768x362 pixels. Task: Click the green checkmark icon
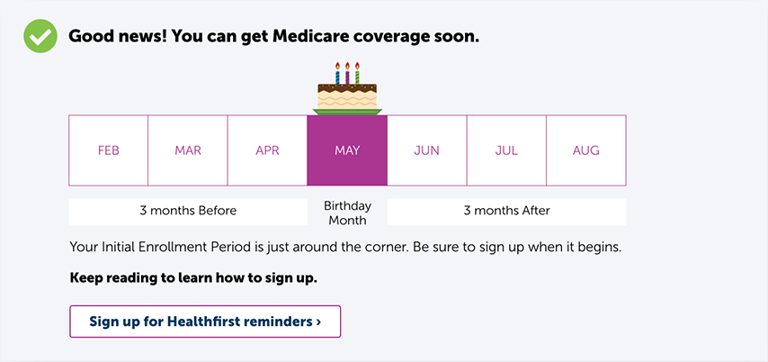40,36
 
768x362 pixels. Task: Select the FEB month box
108,150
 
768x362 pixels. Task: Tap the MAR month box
188,150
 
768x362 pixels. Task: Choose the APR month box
267,150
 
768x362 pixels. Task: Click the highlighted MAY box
347,150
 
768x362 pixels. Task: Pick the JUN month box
426,150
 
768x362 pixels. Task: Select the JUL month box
506,150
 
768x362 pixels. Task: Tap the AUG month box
586,150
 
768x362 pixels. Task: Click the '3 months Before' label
188,211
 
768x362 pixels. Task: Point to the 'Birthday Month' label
347,213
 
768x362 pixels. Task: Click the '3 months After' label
507,211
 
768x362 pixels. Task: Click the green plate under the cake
347,112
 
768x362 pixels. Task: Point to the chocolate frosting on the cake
347,89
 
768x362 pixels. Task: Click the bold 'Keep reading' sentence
193,278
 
